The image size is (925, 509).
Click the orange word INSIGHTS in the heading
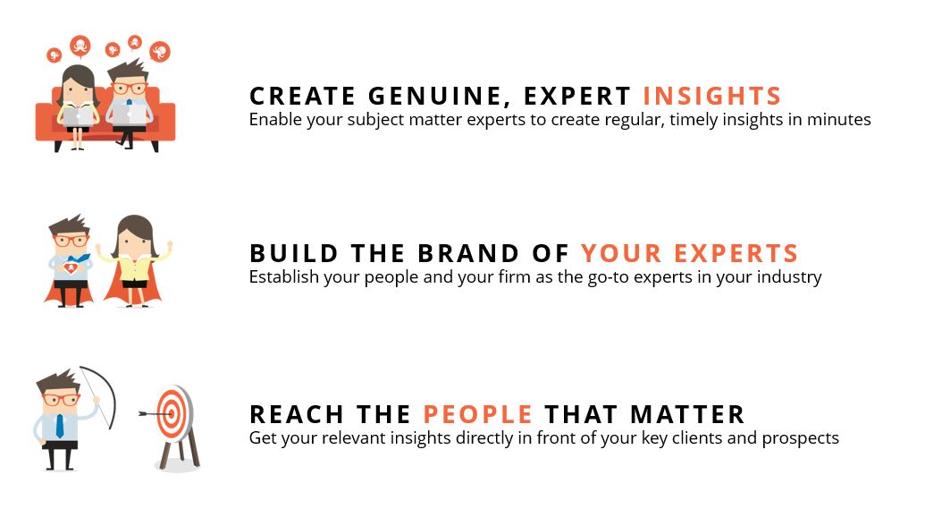712,96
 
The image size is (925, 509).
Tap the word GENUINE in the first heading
436,97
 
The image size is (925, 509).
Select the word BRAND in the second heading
468,253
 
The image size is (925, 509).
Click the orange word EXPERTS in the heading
736,253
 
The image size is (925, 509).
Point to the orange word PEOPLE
478,414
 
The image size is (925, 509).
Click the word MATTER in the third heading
687,414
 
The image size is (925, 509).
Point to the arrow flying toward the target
156,414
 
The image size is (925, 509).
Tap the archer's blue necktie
60,426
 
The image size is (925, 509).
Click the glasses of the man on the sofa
130,89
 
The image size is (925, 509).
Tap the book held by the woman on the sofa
78,115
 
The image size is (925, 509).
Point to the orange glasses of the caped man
71,241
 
